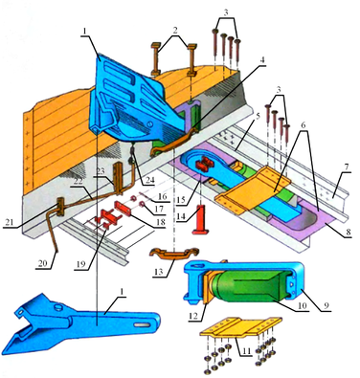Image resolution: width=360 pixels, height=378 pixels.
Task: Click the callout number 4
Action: tap(261, 60)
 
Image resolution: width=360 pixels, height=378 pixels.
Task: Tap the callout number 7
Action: tap(347, 167)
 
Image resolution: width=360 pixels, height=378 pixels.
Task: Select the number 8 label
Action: tap(349, 233)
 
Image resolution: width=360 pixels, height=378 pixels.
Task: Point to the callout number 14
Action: tap(181, 216)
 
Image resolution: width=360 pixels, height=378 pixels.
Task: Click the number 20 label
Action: tap(42, 263)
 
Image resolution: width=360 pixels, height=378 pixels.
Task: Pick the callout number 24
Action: tap(149, 180)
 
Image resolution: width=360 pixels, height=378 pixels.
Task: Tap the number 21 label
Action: tap(10, 222)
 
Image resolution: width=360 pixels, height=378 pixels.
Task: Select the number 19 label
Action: tap(81, 264)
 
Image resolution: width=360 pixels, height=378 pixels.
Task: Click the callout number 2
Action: tap(175, 30)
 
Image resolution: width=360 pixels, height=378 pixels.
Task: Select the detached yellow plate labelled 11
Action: tap(241, 327)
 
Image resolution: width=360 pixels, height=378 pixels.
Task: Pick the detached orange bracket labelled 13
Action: tap(174, 253)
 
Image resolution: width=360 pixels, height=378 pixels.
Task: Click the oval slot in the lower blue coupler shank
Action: tap(143, 324)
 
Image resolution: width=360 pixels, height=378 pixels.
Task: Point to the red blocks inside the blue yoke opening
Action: tap(204, 164)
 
